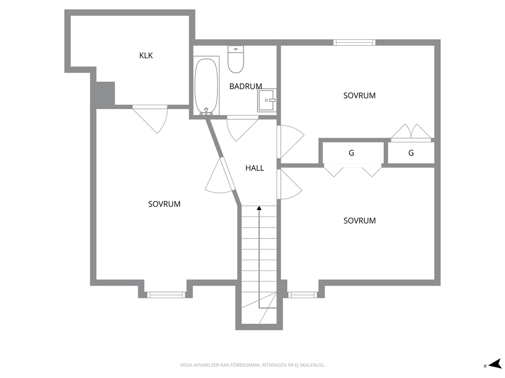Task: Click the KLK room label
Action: tap(146, 55)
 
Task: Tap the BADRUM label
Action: tap(245, 86)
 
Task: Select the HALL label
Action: tap(255, 168)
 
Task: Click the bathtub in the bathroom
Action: tap(206, 86)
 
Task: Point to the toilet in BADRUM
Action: tap(236, 59)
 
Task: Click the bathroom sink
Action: tap(267, 100)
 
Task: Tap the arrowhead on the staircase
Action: tap(259, 208)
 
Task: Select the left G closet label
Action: tap(351, 153)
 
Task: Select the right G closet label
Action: tap(411, 153)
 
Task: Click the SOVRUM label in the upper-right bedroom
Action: tap(359, 96)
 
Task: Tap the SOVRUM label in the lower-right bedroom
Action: tap(359, 220)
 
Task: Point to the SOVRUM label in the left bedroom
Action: tap(164, 204)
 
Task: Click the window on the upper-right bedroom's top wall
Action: tap(354, 43)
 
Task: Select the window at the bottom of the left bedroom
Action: tap(166, 295)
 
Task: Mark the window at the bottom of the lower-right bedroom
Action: tap(302, 295)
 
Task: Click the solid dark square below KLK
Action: tap(105, 93)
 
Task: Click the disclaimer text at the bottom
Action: tap(252, 365)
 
